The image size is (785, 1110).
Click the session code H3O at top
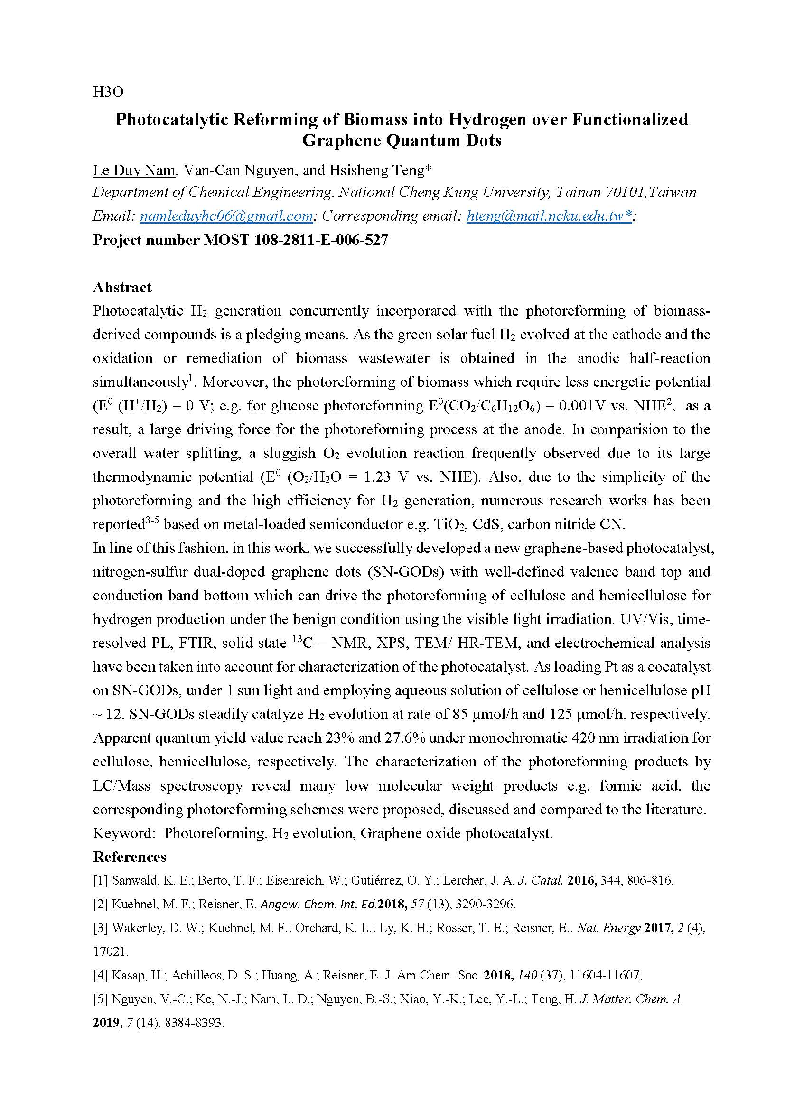108,92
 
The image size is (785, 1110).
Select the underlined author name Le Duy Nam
134,170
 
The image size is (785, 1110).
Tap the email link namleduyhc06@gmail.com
226,216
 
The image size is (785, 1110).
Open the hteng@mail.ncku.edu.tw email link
548,216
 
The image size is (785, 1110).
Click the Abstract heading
122,288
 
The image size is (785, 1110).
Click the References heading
130,857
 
